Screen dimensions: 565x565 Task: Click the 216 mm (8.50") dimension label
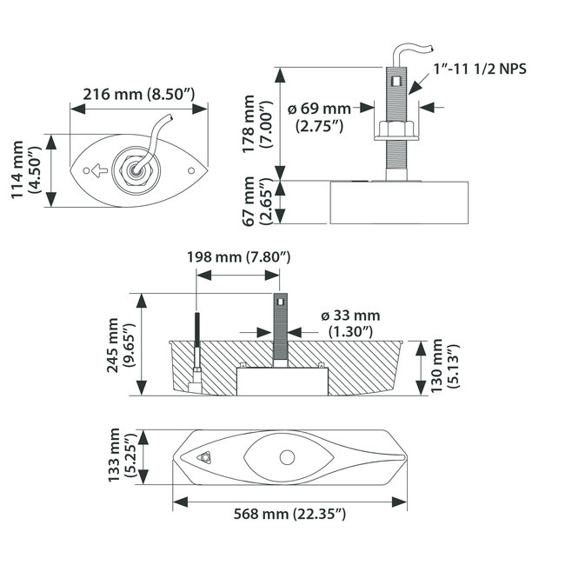pyautogui.click(x=139, y=93)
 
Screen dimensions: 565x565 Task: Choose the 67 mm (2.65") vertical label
pyautogui.click(x=258, y=202)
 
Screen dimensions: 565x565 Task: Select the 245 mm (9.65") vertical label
pyautogui.click(x=122, y=343)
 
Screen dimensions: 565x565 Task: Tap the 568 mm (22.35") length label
pyautogui.click(x=291, y=515)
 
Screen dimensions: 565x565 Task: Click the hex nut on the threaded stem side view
pyautogui.click(x=396, y=132)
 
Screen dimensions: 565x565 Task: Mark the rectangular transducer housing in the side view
pyautogui.click(x=400, y=202)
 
